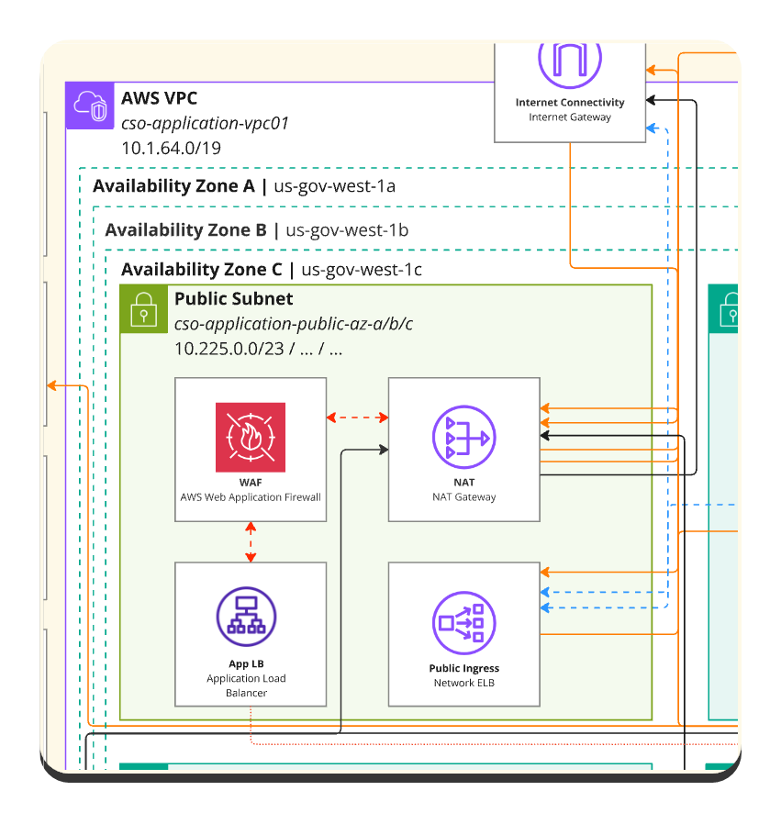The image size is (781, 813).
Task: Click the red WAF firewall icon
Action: click(251, 437)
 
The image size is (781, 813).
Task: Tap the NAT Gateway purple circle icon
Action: click(463, 437)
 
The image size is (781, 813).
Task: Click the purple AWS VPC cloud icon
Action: click(90, 106)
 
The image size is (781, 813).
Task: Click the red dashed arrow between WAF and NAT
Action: click(358, 418)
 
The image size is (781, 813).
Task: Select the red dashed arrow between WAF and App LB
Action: click(251, 542)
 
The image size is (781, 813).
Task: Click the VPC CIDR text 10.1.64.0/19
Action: click(171, 147)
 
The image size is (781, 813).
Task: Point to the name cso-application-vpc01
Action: click(205, 123)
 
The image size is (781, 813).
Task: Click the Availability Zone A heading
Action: click(173, 186)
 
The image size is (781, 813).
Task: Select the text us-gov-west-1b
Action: click(347, 229)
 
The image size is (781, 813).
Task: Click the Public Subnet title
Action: click(233, 298)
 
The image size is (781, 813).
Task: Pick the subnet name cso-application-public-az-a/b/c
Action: click(294, 323)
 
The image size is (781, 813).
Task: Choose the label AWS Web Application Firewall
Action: click(251, 497)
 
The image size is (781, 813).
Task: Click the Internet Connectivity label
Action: click(570, 103)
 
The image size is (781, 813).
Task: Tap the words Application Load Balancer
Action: click(246, 685)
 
